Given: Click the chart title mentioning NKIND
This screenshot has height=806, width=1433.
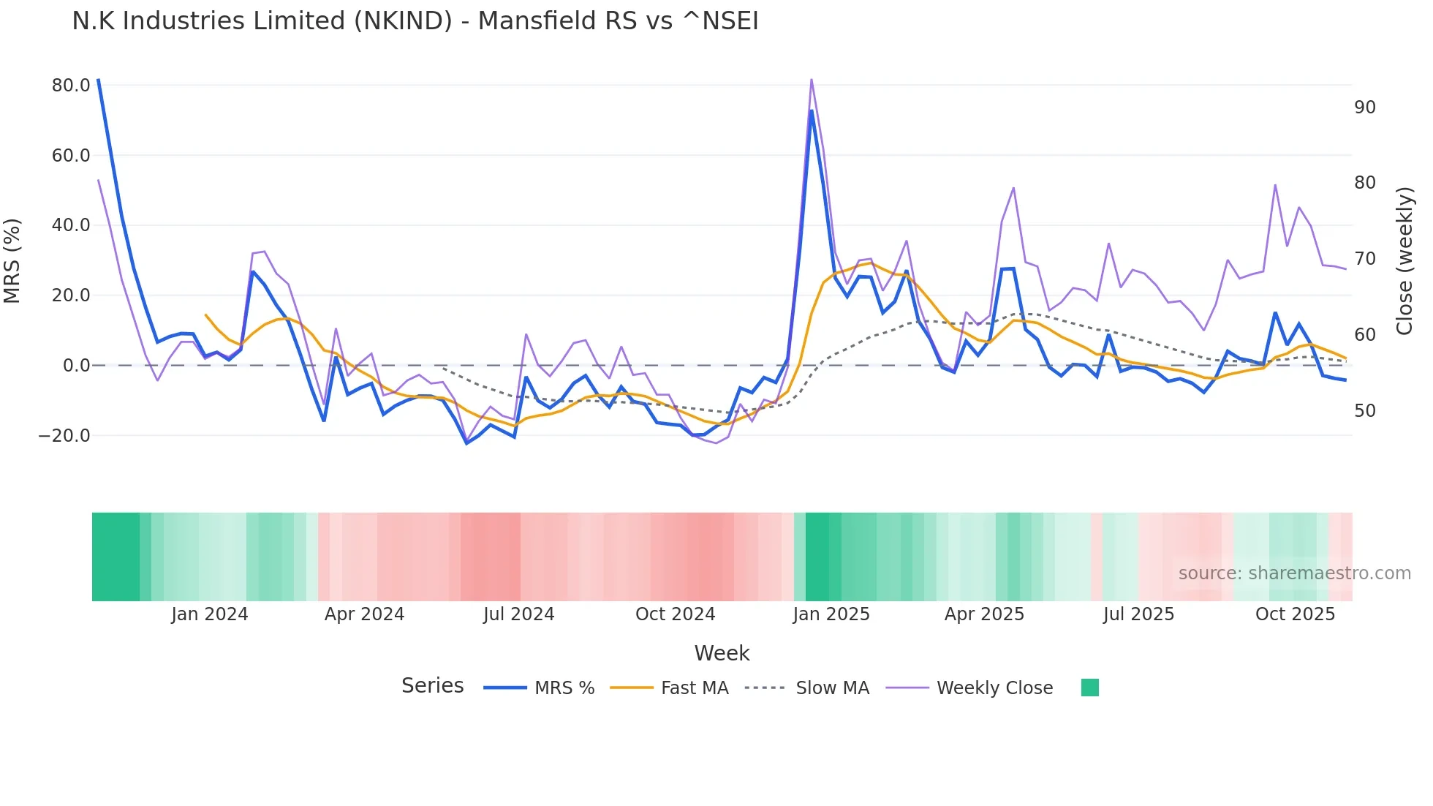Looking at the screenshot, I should click(415, 21).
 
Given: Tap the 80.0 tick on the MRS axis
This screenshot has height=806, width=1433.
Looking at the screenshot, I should click(71, 86).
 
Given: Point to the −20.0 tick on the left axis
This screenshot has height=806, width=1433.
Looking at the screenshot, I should click(64, 436).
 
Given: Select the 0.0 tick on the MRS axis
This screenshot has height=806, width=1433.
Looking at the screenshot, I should click(77, 366).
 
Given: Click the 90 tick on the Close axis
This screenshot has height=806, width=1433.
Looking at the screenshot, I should click(1364, 108).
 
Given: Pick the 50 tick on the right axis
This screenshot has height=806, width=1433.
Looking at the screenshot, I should click(1364, 411).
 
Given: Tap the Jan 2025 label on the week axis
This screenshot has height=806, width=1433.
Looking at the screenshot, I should click(831, 614).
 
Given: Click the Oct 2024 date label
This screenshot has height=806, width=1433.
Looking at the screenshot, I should click(675, 614).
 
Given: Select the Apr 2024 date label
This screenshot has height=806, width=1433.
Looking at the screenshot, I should click(364, 614).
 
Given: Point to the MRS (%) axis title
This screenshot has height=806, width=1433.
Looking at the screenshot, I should click(12, 261).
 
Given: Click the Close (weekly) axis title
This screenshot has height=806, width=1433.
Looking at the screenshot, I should click(1404, 261).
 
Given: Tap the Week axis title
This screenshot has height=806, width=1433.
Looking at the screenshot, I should click(722, 653).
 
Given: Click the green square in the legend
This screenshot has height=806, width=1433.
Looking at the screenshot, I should click(1089, 688).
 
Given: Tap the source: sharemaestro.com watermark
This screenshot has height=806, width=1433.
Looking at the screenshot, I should click(1294, 573).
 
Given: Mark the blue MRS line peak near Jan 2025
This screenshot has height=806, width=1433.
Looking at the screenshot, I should click(812, 111).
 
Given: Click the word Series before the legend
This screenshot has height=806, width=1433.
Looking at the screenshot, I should click(432, 686).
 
